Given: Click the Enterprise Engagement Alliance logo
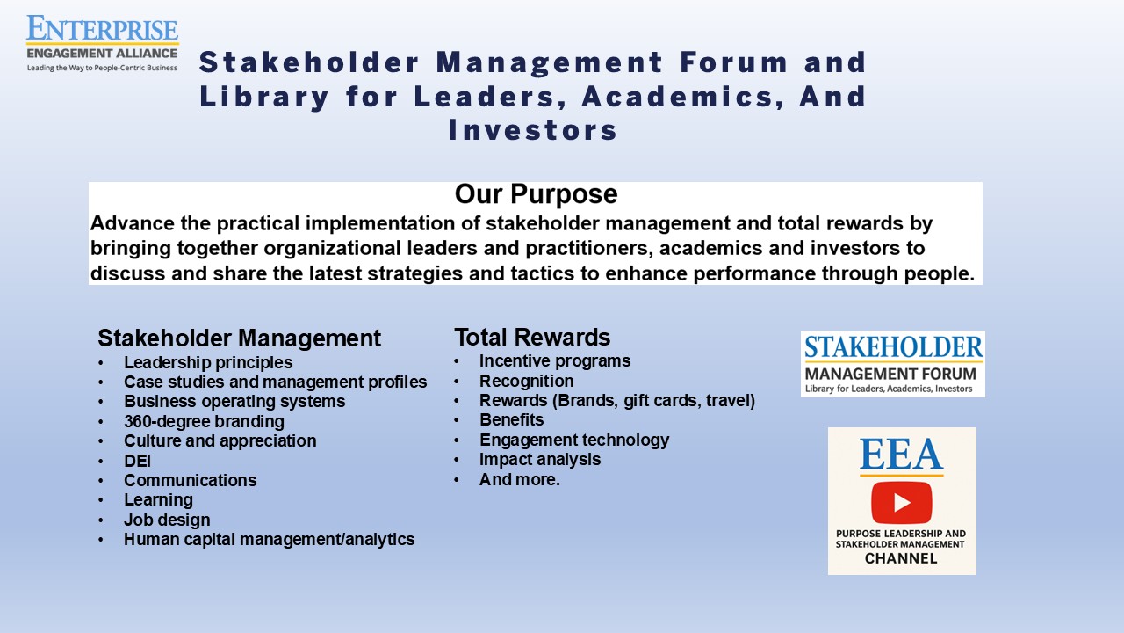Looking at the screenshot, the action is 103,43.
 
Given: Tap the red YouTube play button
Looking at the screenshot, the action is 902,502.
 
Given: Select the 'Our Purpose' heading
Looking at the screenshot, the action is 536,194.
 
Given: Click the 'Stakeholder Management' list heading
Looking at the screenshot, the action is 240,338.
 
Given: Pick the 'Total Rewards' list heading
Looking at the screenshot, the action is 532,337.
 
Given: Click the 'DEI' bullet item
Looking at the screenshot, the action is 137,461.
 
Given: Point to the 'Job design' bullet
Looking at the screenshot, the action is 167,520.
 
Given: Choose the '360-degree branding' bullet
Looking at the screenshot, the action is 205,421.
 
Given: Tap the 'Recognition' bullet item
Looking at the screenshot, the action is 526,381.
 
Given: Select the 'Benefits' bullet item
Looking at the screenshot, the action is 511,419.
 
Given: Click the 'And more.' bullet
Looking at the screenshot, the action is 519,479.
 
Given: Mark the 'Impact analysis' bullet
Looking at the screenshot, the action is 540,459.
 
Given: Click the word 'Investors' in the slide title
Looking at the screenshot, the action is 533,131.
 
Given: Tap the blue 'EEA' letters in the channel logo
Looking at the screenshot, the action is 902,455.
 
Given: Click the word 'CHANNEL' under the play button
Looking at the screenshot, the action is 901,558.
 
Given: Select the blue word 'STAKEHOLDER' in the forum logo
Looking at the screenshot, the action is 893,347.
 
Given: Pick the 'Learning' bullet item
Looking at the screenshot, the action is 159,500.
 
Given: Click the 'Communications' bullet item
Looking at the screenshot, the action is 191,480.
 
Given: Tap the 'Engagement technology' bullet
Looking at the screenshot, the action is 574,440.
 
